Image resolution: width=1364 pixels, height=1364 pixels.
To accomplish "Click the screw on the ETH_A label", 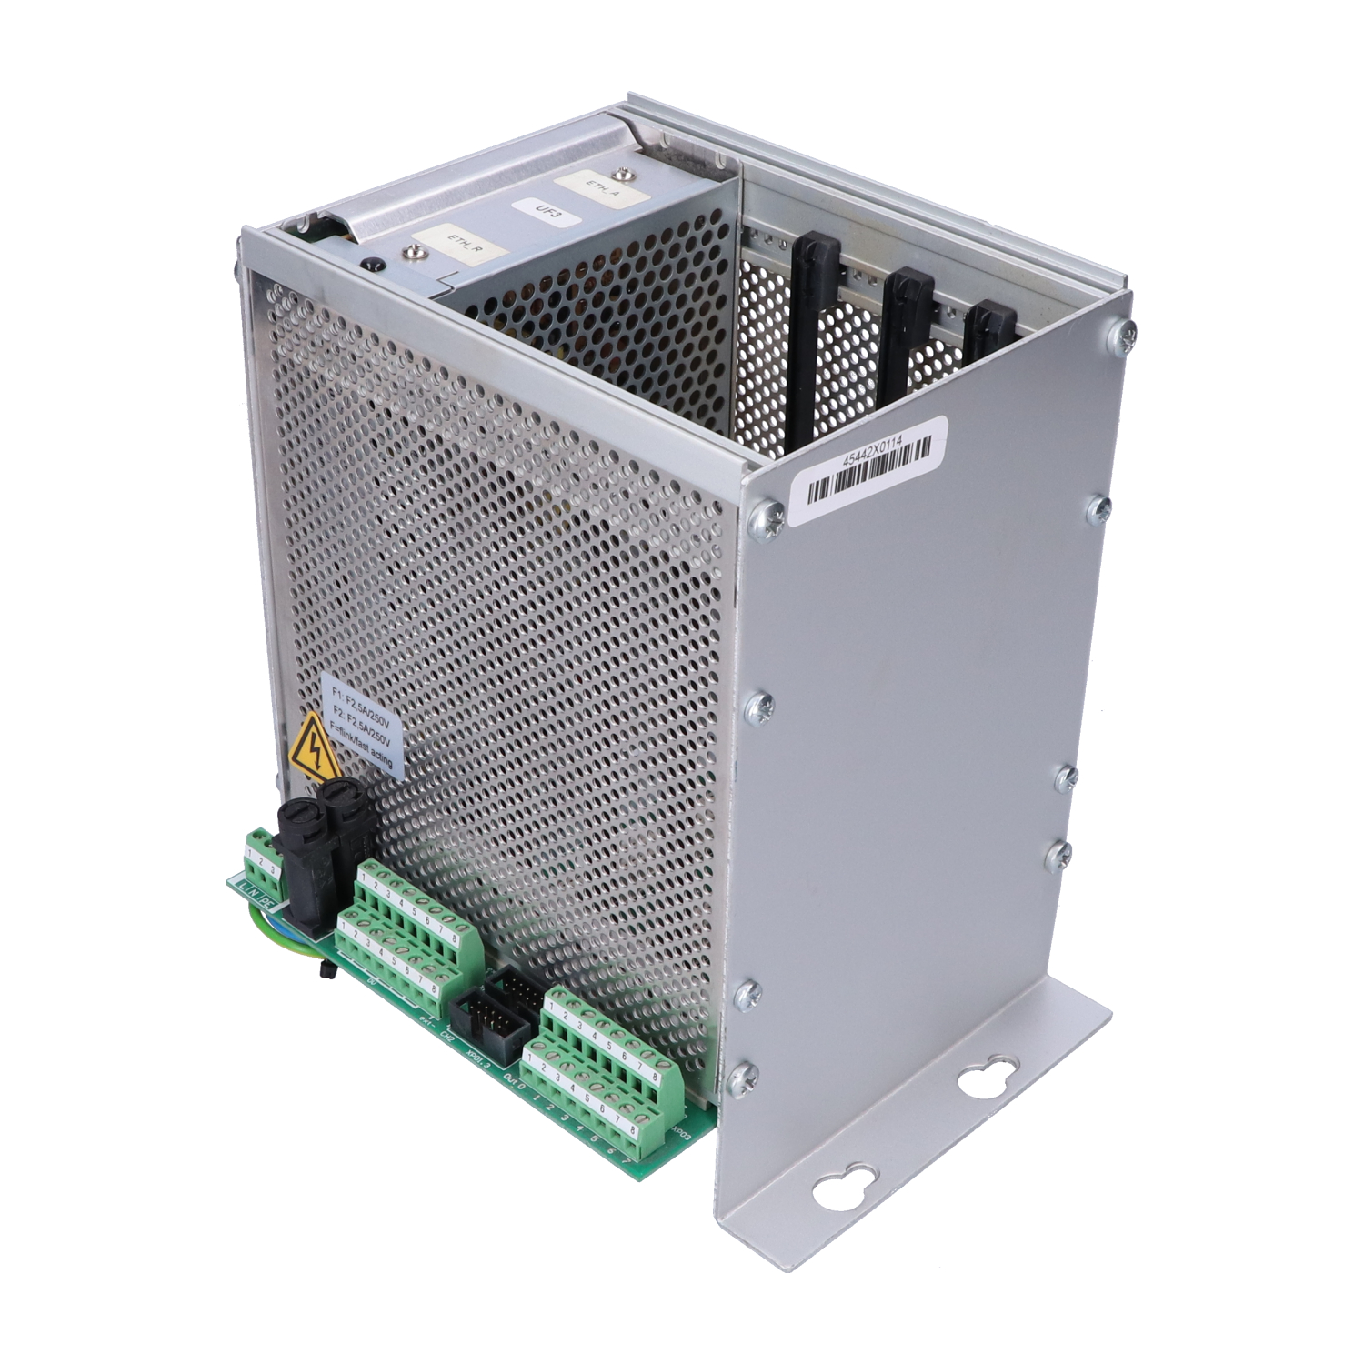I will point(623,175).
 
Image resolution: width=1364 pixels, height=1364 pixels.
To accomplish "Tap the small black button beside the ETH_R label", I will point(370,266).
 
